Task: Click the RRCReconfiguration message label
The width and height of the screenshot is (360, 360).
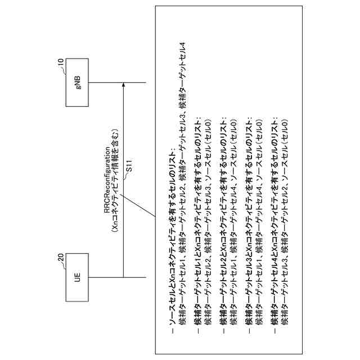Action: click(x=107, y=180)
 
